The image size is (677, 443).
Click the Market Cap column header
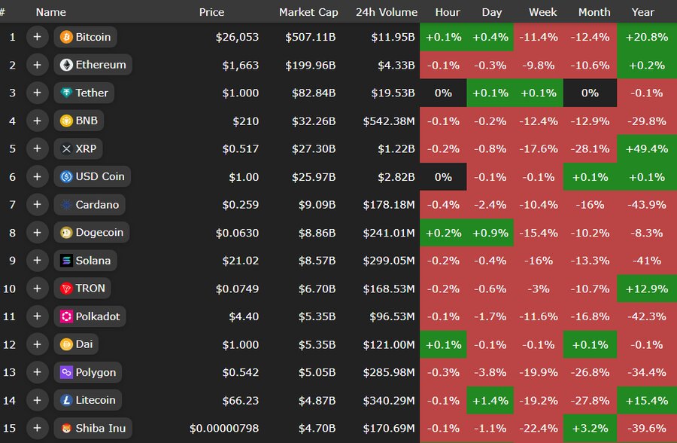tap(308, 12)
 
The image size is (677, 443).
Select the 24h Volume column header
tap(387, 12)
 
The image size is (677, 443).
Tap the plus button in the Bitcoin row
tap(37, 37)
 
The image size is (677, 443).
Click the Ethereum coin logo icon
tap(66, 65)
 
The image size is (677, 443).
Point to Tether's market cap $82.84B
tap(311, 93)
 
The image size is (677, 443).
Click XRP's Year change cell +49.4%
tap(647, 148)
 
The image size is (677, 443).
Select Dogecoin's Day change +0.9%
tap(490, 233)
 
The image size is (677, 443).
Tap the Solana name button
tap(85, 261)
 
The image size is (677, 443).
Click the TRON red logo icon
tap(66, 289)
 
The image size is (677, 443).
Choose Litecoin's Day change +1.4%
tap(490, 400)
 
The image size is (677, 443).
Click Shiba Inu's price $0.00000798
tap(224, 428)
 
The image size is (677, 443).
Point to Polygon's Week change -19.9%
tap(542, 372)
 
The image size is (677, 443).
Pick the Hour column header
tap(448, 12)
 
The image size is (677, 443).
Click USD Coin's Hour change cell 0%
tap(444, 177)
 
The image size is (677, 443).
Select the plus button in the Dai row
tap(37, 344)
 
